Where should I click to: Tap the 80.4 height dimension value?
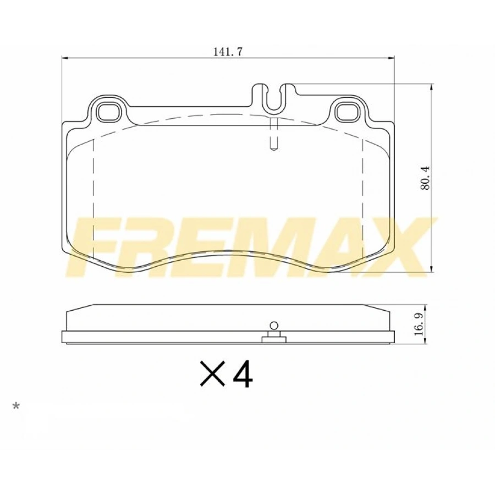(x=425, y=178)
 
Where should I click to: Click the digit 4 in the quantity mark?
(x=243, y=375)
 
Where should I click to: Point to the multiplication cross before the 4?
(x=213, y=374)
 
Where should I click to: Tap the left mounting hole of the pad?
(x=108, y=112)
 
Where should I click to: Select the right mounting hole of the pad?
(x=346, y=112)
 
